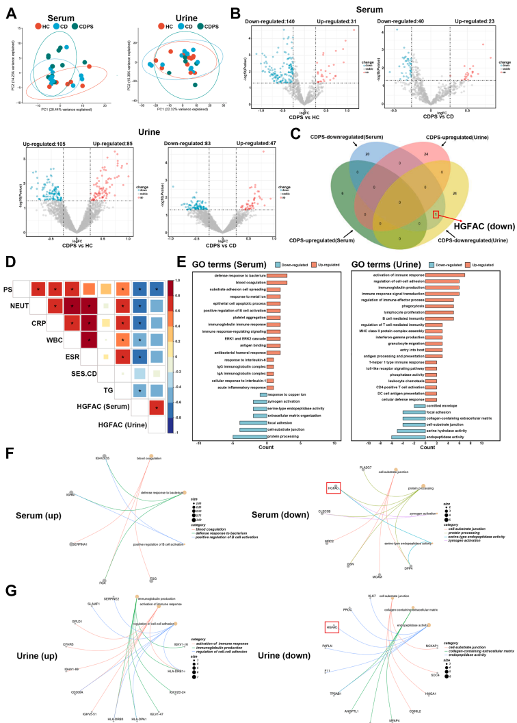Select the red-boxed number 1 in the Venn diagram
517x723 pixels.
pyautogui.click(x=436, y=214)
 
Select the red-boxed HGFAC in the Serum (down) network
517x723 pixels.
pyautogui.click(x=334, y=487)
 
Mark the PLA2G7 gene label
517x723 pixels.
pyautogui.click(x=364, y=467)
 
